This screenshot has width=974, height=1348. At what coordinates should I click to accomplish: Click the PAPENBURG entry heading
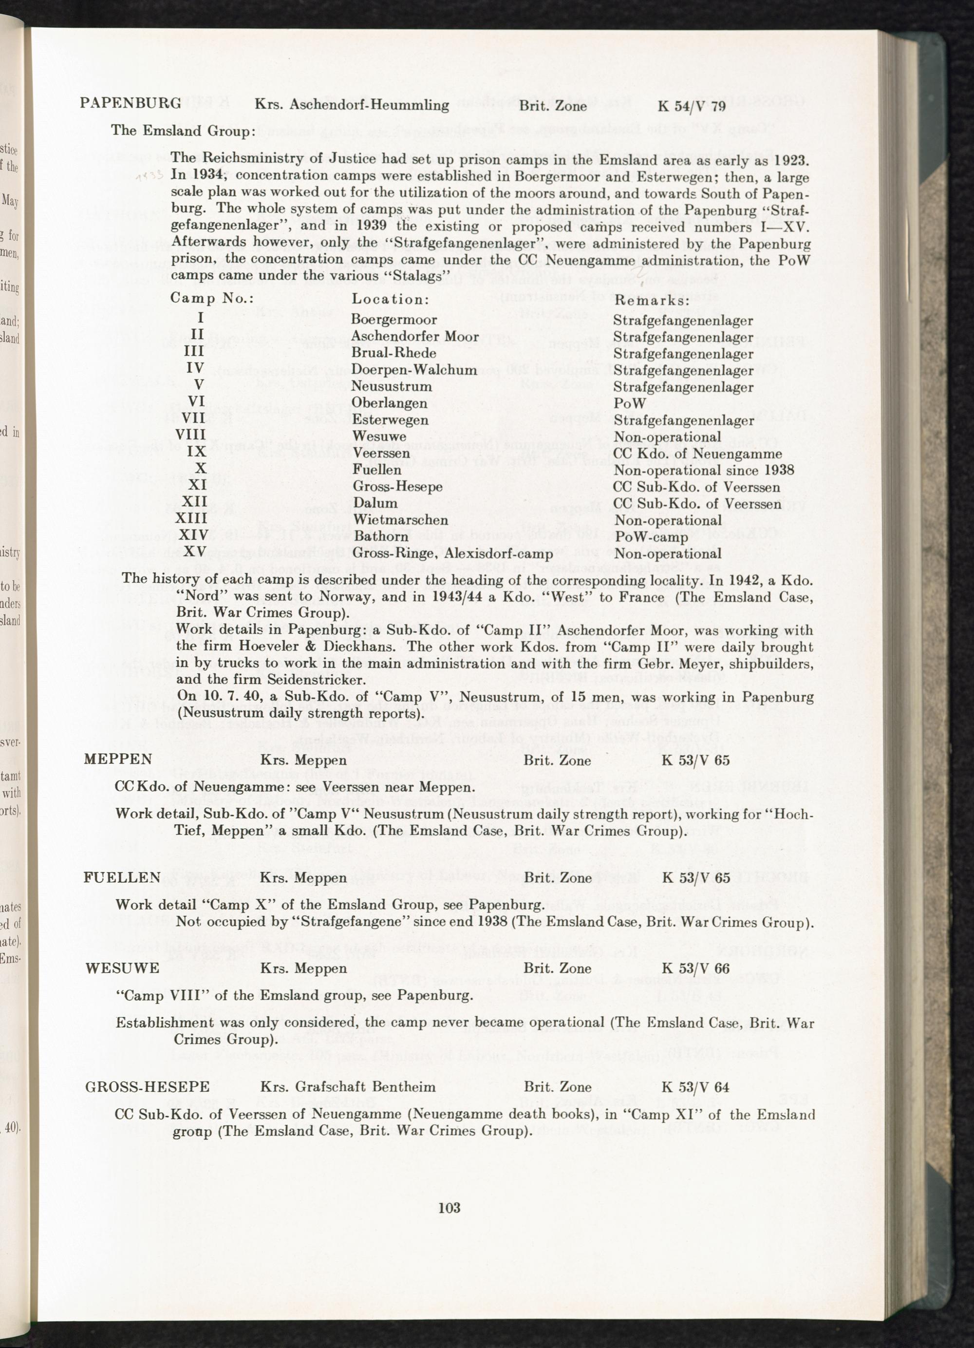tap(131, 103)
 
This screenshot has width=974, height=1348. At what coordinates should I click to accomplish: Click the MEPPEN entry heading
tap(118, 759)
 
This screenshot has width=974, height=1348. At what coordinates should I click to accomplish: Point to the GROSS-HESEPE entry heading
tap(148, 1087)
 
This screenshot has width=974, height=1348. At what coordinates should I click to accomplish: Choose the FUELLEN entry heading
tap(122, 877)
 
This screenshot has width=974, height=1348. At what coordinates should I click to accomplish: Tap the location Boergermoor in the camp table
tap(394, 320)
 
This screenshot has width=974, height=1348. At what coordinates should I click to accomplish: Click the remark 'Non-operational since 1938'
tap(704, 470)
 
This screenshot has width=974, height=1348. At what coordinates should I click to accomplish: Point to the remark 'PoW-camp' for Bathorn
tap(650, 537)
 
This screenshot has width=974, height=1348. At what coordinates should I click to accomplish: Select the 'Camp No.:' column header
tap(211, 298)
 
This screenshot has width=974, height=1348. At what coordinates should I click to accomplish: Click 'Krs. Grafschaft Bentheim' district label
tap(348, 1087)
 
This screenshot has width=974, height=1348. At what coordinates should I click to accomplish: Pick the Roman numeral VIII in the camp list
tap(191, 435)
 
